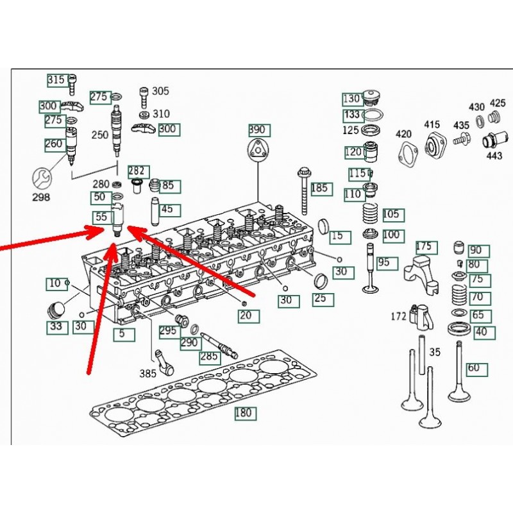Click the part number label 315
click(x=56, y=80)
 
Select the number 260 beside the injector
click(x=54, y=144)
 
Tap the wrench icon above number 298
click(x=41, y=176)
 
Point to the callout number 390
click(x=256, y=130)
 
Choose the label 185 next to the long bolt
click(x=319, y=189)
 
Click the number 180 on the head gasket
click(x=244, y=413)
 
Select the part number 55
click(x=101, y=217)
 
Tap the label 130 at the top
click(x=351, y=99)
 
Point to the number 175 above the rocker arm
click(x=425, y=247)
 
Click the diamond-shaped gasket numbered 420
click(x=405, y=155)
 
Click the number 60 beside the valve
click(x=474, y=368)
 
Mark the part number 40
click(x=480, y=332)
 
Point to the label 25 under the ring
click(x=319, y=299)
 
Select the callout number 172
click(x=399, y=316)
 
